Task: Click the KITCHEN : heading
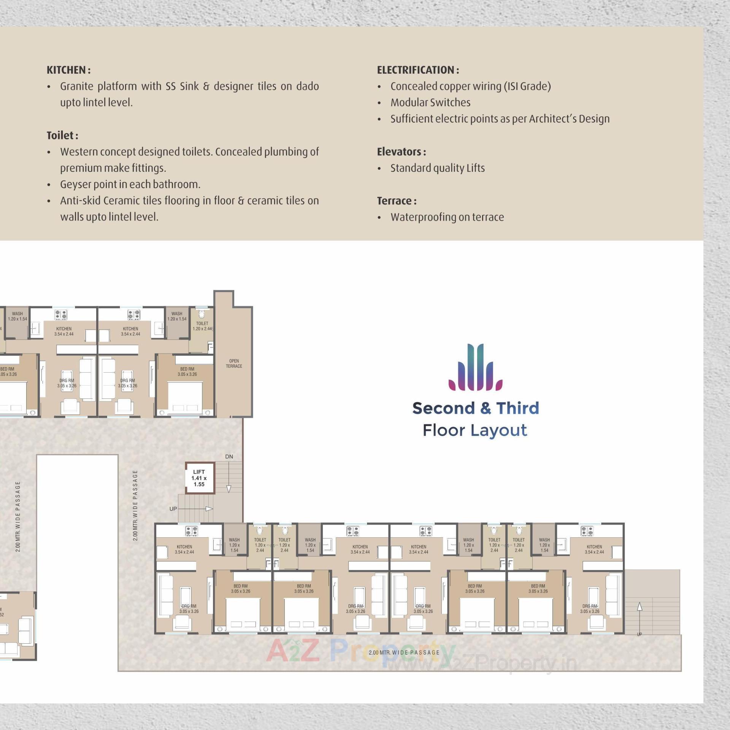[68, 70]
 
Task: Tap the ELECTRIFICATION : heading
[418, 70]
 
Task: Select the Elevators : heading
[401, 152]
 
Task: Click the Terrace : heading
[397, 201]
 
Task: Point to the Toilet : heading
[62, 135]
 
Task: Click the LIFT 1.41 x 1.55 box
[199, 478]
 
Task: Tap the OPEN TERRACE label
[234, 363]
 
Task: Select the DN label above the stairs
[229, 457]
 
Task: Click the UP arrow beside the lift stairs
[208, 509]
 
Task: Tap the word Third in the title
[517, 408]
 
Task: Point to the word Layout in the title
[499, 430]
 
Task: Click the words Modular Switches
[430, 103]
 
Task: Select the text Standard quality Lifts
[438, 168]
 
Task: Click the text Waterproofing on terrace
[447, 217]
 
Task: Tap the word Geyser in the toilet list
[75, 184]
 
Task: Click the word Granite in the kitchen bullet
[76, 86]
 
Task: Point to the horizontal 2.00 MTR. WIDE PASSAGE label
[404, 652]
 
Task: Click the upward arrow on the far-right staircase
[640, 607]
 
